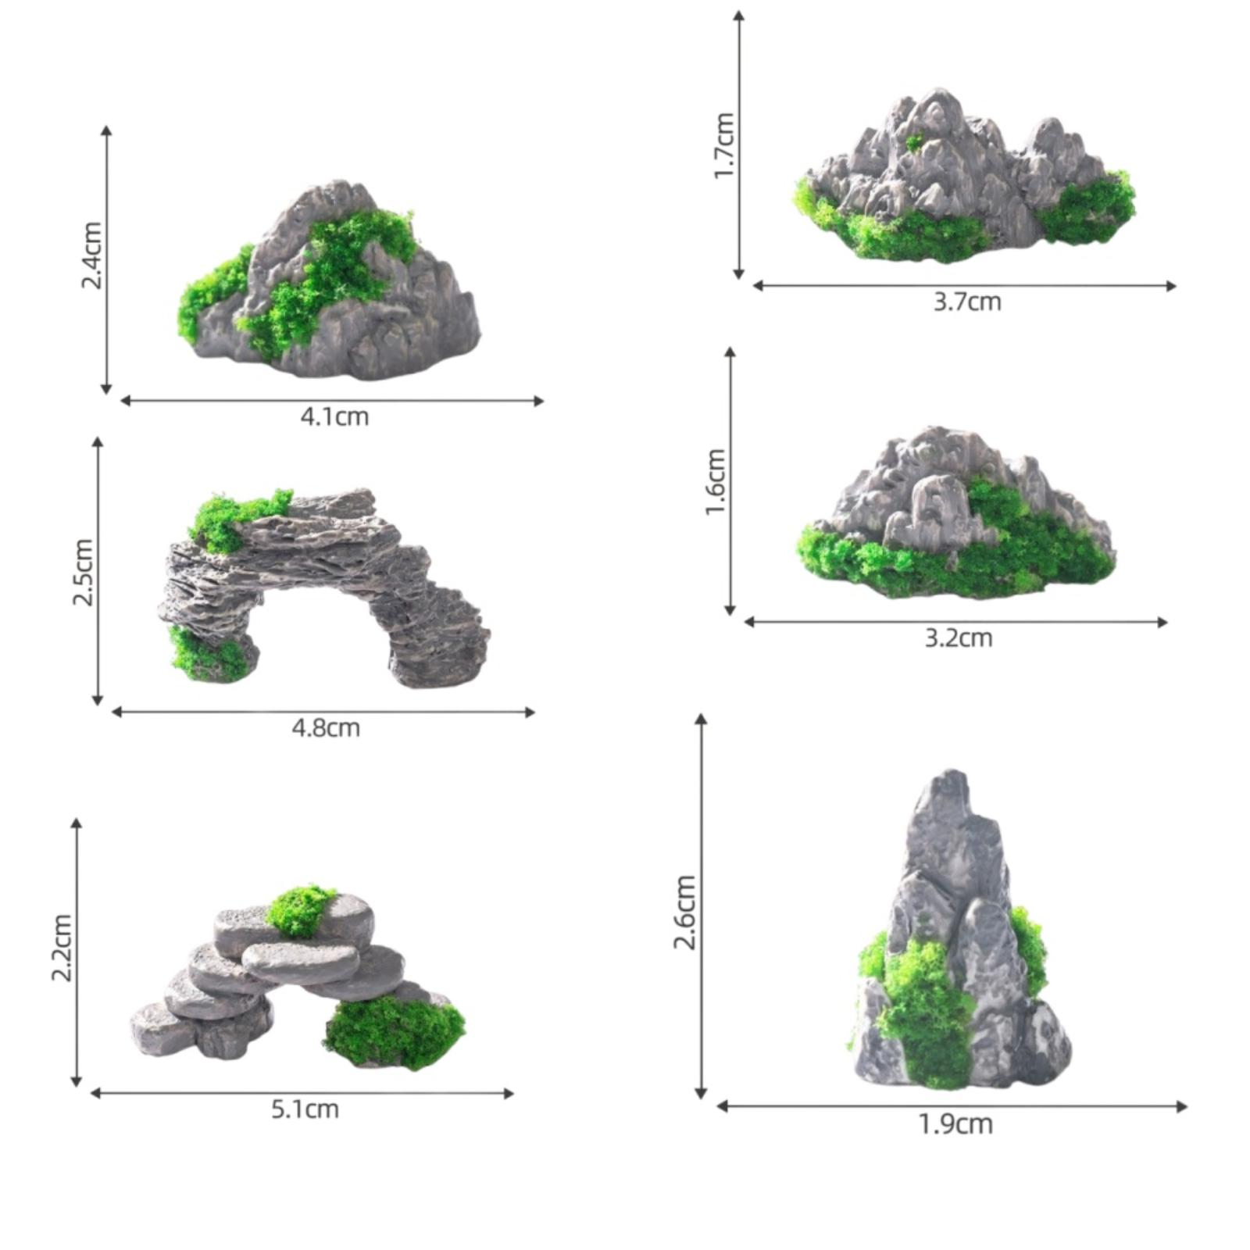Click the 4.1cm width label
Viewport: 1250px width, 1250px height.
(x=334, y=416)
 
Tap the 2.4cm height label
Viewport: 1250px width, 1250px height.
(x=92, y=255)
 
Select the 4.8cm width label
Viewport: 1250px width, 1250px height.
(x=326, y=728)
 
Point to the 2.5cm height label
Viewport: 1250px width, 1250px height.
(x=83, y=573)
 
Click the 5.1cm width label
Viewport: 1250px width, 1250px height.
(x=305, y=1109)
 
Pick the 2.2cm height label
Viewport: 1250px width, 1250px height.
(x=61, y=948)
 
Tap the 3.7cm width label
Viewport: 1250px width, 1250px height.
(x=967, y=302)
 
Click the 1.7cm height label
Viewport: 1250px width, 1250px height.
(x=724, y=145)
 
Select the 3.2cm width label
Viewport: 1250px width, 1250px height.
(x=959, y=638)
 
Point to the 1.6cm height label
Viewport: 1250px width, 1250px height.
(x=716, y=482)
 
